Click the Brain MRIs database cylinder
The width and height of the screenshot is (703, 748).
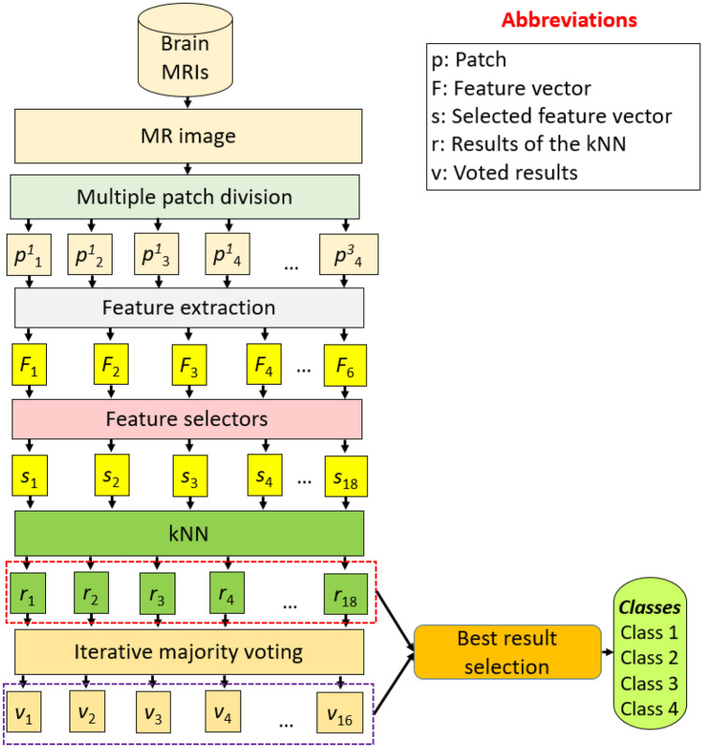[x=189, y=52]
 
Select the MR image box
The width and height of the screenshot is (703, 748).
[x=189, y=135]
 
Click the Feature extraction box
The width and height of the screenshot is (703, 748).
[x=189, y=307]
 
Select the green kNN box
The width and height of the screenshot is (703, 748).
[x=189, y=532]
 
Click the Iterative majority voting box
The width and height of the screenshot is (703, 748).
[x=189, y=647]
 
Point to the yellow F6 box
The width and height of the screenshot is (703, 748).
[x=347, y=362]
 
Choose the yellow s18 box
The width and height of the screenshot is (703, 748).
[x=347, y=476]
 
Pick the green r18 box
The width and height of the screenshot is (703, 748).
[x=347, y=594]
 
